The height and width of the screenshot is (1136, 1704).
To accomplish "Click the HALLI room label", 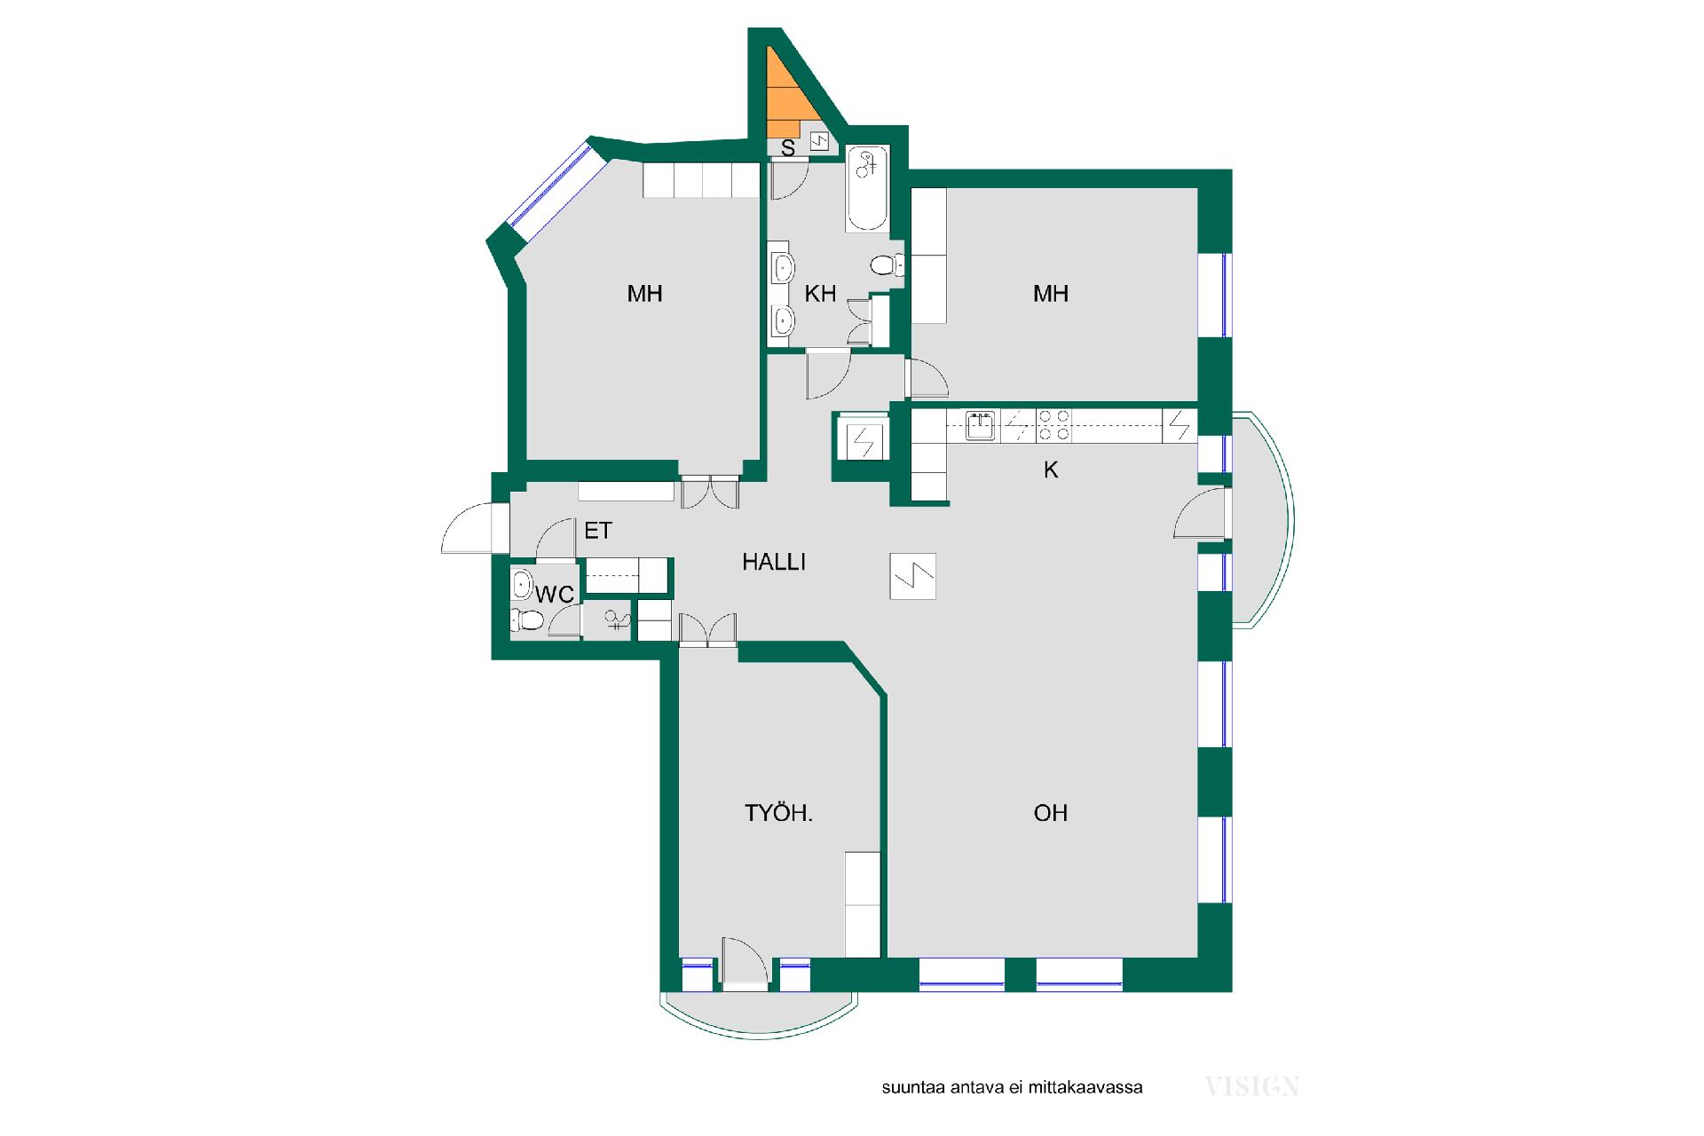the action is tap(774, 562).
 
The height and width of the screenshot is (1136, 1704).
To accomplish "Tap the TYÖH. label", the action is tap(778, 812).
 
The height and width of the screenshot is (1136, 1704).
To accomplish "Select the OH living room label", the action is tap(1051, 812).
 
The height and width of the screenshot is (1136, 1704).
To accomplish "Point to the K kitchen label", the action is tap(1051, 469).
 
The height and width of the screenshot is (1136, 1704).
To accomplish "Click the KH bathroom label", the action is tap(820, 294).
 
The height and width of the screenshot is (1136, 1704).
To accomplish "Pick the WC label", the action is tap(555, 595).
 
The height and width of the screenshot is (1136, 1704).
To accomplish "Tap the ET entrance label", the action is tap(598, 531).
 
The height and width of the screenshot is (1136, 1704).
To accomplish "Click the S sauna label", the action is tap(788, 148).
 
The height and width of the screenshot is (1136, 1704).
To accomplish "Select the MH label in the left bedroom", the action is tap(645, 294).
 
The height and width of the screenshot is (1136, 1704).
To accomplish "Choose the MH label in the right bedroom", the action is tap(1051, 294).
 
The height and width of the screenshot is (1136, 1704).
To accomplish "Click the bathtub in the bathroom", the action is tap(867, 188).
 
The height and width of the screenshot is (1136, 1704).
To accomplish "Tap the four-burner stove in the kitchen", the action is tap(1054, 425).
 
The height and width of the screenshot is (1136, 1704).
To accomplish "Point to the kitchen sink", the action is tap(981, 425).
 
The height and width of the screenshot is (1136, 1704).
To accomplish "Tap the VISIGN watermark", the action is tap(1252, 1086).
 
